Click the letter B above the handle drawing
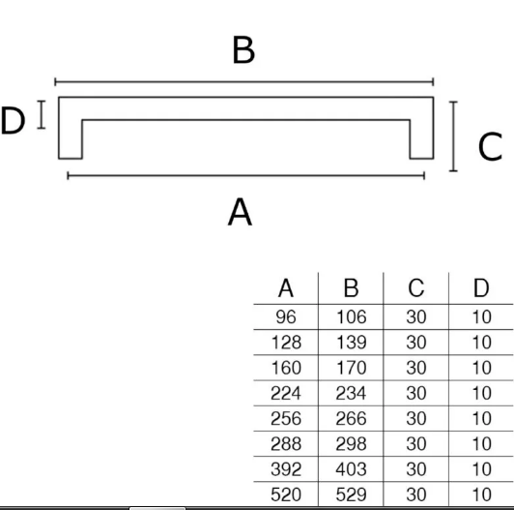[x=243, y=49]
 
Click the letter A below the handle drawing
[x=240, y=212]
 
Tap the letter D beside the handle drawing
[x=13, y=121]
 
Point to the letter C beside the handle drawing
[x=490, y=147]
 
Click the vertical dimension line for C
[x=453, y=136]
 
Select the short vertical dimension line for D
[x=42, y=114]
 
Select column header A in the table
[x=286, y=288]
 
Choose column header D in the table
[x=481, y=288]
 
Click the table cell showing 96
[x=286, y=316]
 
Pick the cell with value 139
[x=351, y=343]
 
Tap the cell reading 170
[x=351, y=368]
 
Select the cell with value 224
[x=286, y=393]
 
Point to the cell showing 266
[x=351, y=418]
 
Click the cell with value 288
[x=286, y=443]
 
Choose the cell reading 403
[x=351, y=469]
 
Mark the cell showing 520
[x=286, y=495]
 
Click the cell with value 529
[x=351, y=495]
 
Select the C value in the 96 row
[x=416, y=316]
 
